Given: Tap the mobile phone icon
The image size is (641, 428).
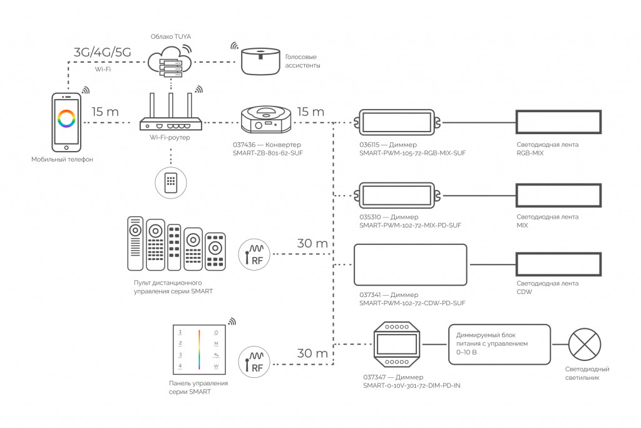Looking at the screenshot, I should [x=66, y=122].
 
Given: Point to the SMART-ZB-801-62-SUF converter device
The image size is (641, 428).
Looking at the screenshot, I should [x=266, y=119].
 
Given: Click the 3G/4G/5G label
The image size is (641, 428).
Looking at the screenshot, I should [x=102, y=52].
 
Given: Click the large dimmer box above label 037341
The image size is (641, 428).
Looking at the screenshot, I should [x=411, y=264].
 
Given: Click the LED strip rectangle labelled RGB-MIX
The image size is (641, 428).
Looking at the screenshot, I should [x=558, y=122].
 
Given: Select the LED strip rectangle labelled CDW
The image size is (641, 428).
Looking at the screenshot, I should [x=558, y=264].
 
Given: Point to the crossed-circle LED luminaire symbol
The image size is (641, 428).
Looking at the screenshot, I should [x=584, y=344].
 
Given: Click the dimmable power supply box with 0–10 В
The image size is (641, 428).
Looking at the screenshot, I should [x=499, y=344].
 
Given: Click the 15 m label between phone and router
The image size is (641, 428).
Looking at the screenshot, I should [x=105, y=112].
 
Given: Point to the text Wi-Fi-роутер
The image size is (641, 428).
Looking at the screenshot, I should [x=170, y=137].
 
